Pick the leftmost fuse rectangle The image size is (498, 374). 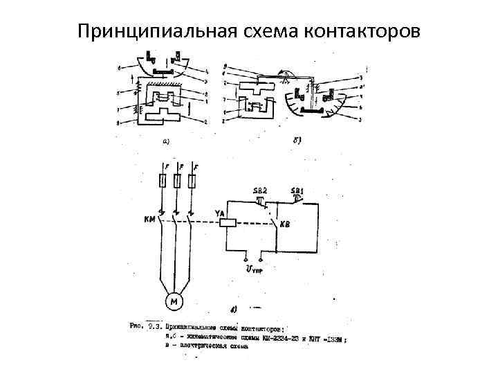click(x=161, y=181)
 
